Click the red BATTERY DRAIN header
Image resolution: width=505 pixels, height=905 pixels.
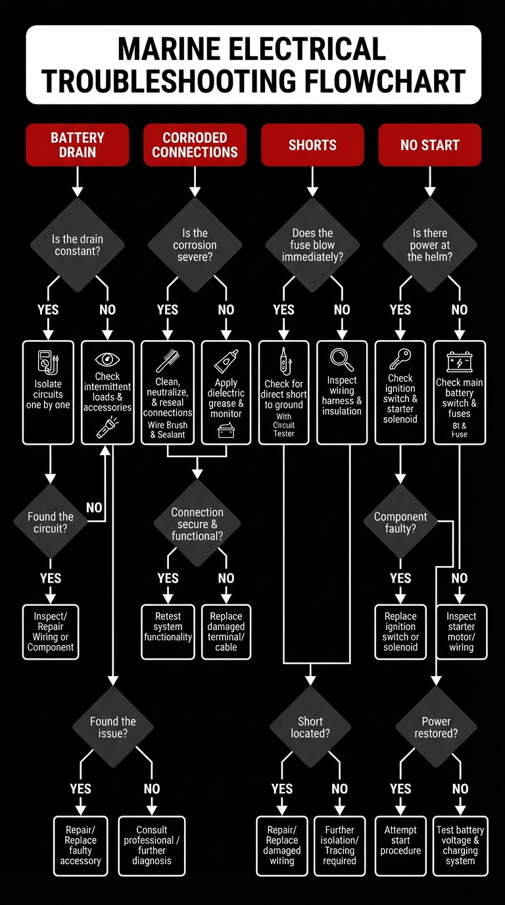[77, 145]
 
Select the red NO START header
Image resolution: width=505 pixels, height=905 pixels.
[429, 145]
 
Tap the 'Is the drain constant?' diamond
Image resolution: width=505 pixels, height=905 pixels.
[78, 245]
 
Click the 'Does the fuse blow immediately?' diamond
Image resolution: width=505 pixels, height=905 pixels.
[312, 245]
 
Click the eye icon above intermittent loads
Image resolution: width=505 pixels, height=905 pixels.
[107, 359]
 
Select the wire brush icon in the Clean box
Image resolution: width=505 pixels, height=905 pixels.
[168, 360]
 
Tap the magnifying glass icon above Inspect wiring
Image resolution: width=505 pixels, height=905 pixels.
[342, 358]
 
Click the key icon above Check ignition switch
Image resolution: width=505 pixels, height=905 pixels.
[400, 359]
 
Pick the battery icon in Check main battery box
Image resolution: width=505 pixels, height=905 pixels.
[459, 361]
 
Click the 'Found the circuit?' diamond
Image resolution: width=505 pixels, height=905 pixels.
[51, 523]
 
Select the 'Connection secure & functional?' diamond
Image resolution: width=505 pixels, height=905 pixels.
[197, 524]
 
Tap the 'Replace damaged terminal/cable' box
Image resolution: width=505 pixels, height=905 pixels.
[226, 631]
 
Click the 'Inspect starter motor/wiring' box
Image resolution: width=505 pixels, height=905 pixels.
[461, 631]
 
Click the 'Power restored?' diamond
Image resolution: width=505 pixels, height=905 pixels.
[436, 727]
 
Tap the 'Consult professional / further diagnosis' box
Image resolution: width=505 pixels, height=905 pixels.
[151, 845]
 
